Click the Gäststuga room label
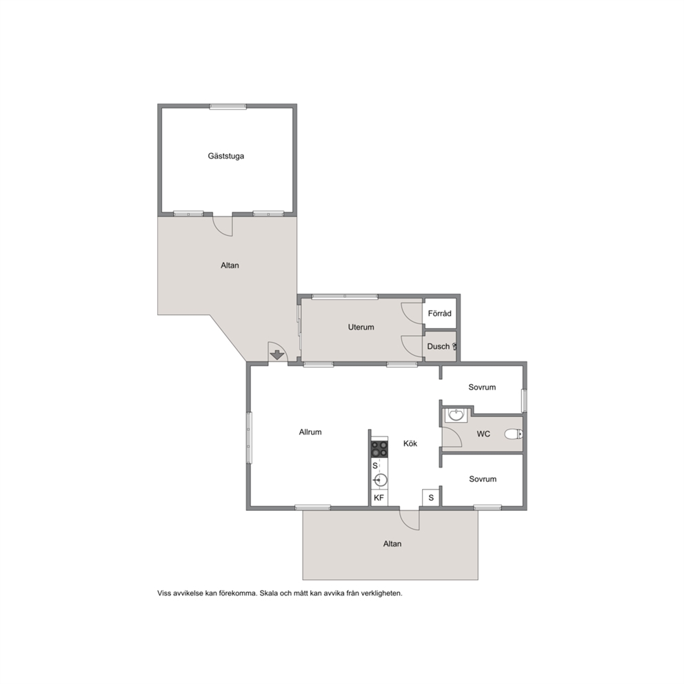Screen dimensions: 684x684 coord(225,156)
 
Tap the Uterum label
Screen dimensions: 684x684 coord(361,327)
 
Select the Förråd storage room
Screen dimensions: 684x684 coord(440,313)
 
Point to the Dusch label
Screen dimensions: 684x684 coord(438,346)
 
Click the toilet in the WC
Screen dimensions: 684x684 coord(514,434)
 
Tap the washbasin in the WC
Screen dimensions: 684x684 coord(456,414)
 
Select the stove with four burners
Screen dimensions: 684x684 coord(379,450)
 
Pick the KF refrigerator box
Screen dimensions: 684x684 coord(379,498)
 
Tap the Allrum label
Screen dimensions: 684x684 coord(310,432)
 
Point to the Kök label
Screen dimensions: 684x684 coord(410,443)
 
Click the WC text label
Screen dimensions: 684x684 coord(483,434)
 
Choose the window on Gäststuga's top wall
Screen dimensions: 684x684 coord(228,106)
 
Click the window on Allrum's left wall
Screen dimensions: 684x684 coord(249,438)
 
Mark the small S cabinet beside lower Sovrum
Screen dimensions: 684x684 coord(431,498)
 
